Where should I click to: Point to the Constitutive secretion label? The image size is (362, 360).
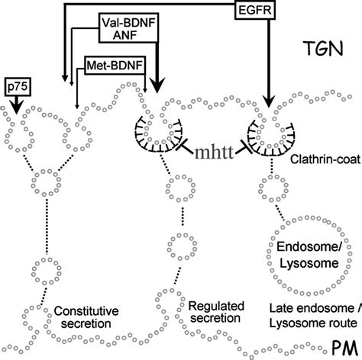click(x=86, y=317)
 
